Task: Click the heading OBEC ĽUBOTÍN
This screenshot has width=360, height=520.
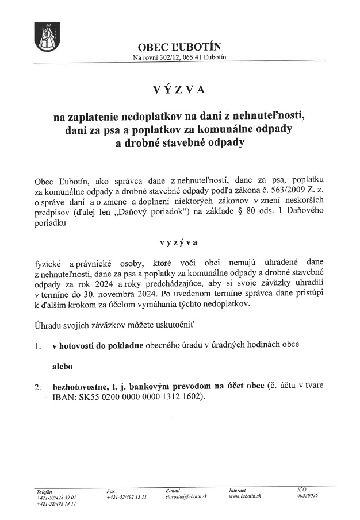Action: [179, 47]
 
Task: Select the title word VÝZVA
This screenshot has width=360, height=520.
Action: [179, 90]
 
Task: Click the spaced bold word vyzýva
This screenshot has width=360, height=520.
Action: [179, 242]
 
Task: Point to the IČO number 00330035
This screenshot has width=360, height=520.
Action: [308, 496]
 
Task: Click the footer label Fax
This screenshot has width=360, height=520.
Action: [110, 490]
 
